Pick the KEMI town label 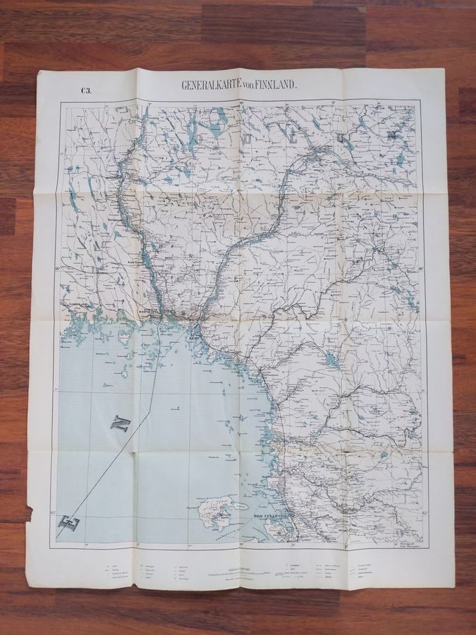click(194, 338)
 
